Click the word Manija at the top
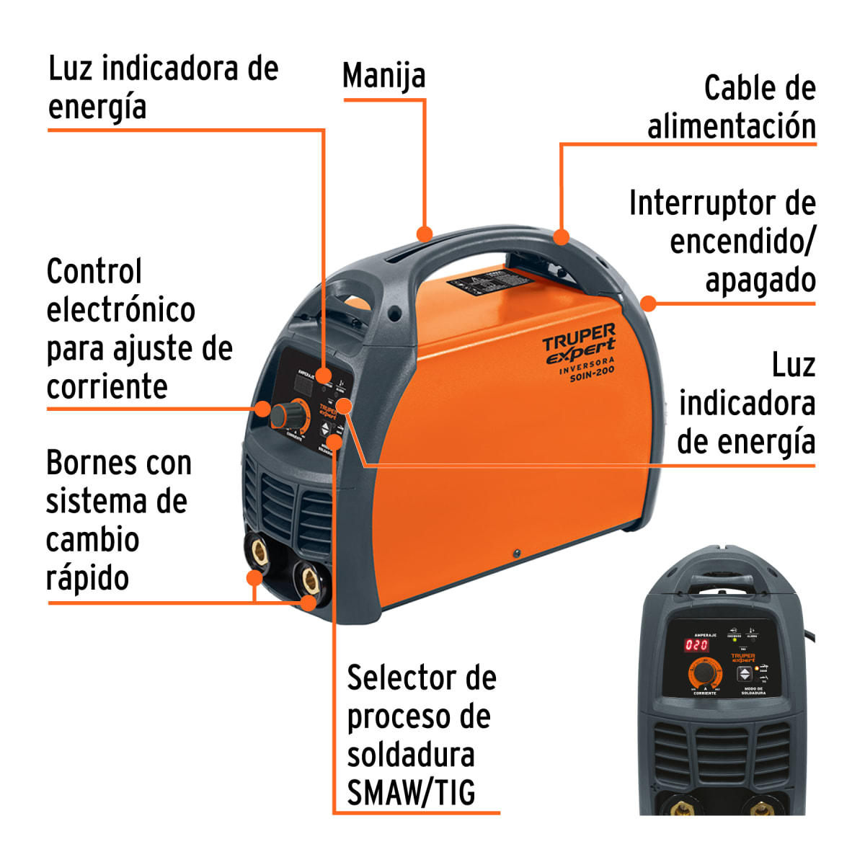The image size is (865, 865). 383,76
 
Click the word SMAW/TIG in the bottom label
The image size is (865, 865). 411,793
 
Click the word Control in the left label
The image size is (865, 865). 94,272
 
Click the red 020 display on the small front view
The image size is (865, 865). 696,645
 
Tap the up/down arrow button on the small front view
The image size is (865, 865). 745,675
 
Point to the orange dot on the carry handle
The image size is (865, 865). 425,234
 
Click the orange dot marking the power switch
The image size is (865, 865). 648,303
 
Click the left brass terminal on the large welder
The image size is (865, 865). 258,551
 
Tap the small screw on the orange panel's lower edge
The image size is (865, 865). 516,554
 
